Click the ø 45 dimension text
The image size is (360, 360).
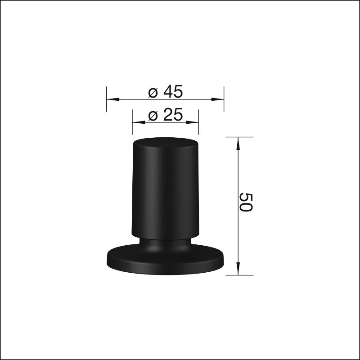tap(165, 92)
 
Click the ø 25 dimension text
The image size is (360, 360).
tap(165, 114)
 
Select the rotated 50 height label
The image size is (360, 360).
tap(246, 202)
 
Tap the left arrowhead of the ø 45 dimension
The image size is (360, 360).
tap(113, 99)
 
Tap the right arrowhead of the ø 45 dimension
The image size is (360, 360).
tap(217, 99)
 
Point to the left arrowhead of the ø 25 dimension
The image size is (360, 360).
tap(139, 122)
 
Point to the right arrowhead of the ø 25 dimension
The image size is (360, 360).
tap(192, 122)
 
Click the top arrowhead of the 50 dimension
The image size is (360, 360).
tap(238, 144)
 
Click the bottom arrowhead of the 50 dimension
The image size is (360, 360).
tap(238, 268)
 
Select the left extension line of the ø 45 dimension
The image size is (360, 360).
tap(107, 99)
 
